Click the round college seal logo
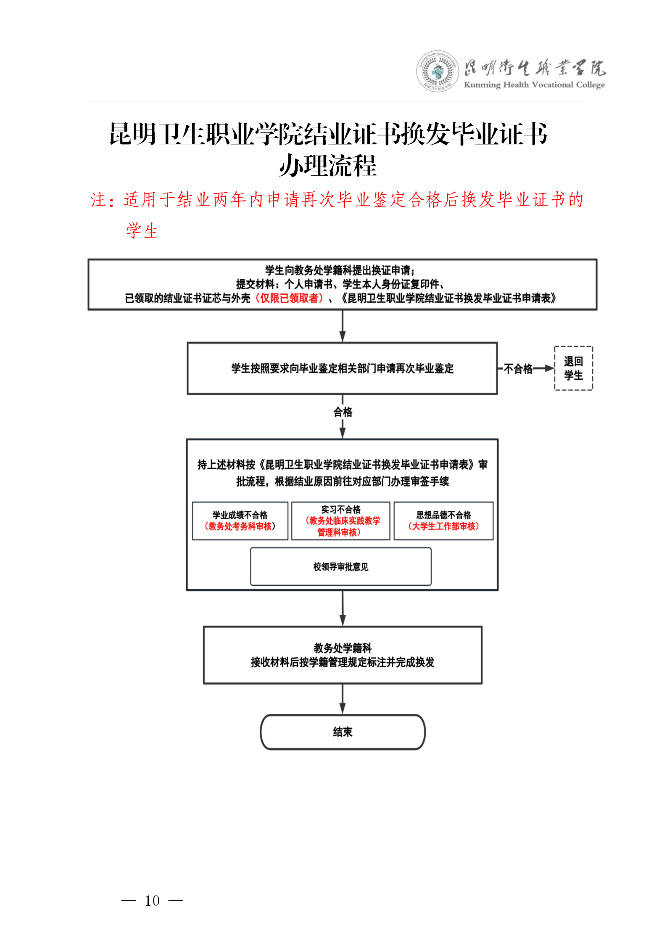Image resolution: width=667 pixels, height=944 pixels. [438, 71]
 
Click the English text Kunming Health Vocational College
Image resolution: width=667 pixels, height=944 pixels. [534, 85]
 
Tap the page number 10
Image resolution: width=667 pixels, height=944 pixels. [152, 900]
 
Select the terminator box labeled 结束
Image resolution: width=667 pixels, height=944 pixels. [343, 732]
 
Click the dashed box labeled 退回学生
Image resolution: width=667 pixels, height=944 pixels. [573, 368]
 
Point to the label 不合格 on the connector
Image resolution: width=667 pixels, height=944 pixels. [518, 369]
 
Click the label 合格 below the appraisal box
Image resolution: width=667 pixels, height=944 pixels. [343, 412]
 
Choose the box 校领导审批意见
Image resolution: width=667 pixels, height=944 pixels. [341, 566]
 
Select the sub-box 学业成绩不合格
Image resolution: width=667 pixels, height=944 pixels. [240, 521]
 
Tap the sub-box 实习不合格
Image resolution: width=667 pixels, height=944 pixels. [341, 521]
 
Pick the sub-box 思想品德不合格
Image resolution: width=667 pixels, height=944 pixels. [443, 521]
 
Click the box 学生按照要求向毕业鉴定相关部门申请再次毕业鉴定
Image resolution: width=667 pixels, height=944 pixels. [343, 368]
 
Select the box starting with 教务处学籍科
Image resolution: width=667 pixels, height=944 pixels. [343, 655]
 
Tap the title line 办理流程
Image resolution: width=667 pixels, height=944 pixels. [328, 166]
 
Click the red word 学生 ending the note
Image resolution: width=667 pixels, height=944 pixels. [142, 231]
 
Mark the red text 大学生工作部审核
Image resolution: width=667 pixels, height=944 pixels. [444, 526]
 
